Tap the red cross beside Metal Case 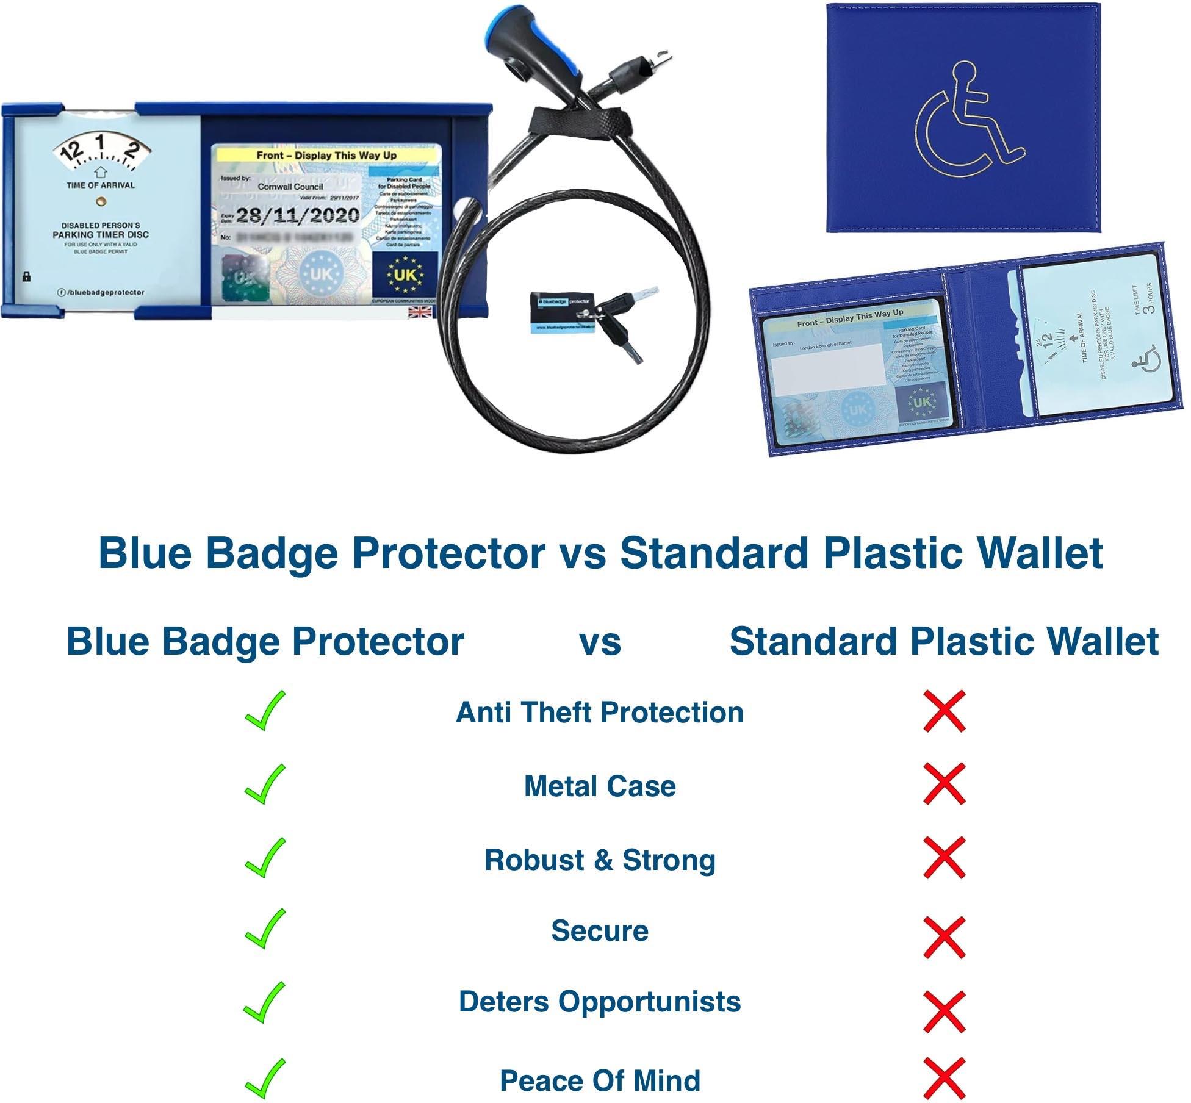coord(944,784)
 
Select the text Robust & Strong coord(600,860)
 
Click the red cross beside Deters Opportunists coord(944,1011)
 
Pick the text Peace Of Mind coord(600,1080)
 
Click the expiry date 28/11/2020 coord(297,215)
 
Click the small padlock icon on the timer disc coord(26,277)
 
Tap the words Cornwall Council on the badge coord(290,187)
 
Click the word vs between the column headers coord(600,642)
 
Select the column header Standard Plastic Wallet coord(943,642)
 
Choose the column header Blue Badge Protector coord(265,642)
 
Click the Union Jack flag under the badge coord(420,313)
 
